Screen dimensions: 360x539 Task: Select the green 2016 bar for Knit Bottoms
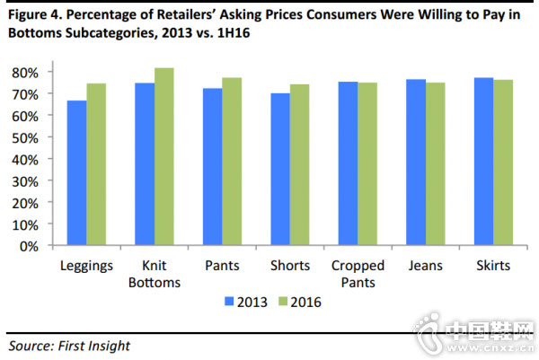[163, 156]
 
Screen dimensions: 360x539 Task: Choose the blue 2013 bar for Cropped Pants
[347, 163]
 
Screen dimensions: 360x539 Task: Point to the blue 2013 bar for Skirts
[483, 162]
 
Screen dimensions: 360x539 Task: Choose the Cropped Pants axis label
[358, 274]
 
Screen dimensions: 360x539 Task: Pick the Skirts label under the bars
[493, 266]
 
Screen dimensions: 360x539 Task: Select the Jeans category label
[426, 266]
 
